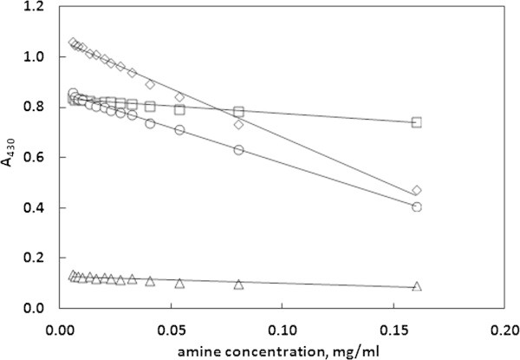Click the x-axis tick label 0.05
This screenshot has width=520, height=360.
coord(172,331)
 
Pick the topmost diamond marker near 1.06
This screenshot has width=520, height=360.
coord(74,43)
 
